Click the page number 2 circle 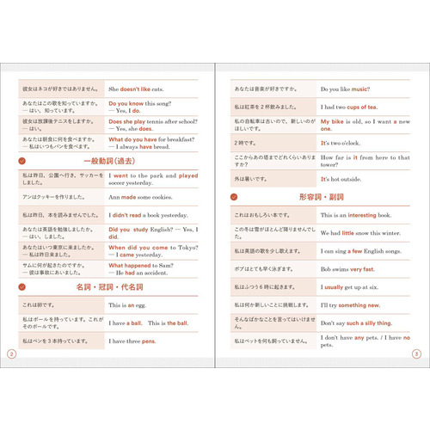[10, 353]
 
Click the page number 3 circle [416, 353]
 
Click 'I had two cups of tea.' [348, 107]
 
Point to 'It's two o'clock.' [343, 143]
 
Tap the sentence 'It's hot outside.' [342, 179]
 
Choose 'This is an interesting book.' [357, 215]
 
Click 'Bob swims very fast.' [348, 269]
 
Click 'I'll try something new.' [350, 305]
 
